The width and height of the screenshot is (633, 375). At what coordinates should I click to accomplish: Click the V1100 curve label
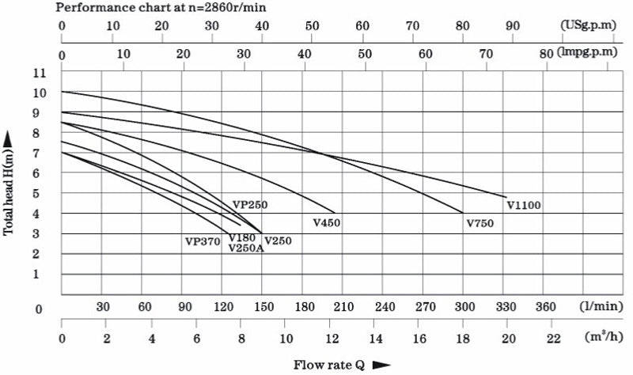pos(523,206)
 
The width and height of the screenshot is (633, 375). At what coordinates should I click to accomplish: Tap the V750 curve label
pos(480,224)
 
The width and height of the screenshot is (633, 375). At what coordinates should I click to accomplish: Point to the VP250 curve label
pos(250,205)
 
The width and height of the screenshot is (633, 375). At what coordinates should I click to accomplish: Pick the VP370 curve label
pos(203,241)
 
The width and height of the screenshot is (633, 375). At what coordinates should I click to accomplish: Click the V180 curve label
pos(241,237)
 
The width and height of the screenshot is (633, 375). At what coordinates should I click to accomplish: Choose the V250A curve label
pos(246,248)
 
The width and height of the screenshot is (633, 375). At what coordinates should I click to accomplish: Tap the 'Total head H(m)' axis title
pos(9,184)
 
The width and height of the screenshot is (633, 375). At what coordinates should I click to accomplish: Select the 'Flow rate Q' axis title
pos(328,365)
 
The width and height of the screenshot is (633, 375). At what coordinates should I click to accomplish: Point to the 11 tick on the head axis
pos(40,73)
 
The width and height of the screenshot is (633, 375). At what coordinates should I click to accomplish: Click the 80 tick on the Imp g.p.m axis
pos(546,54)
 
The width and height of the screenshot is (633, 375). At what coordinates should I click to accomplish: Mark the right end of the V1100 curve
pos(506,197)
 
